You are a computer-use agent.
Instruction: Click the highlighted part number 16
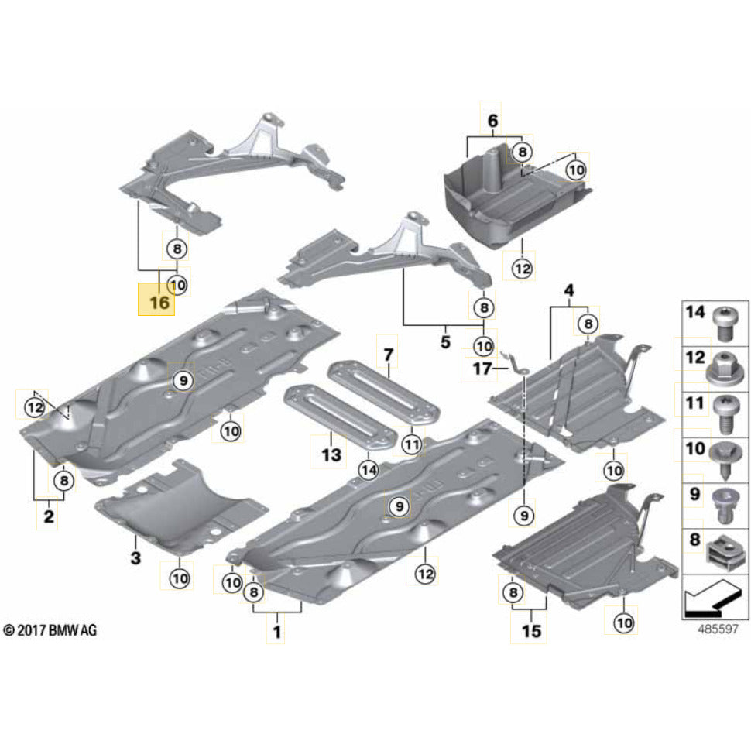(159, 301)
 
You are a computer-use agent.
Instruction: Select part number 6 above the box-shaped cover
(493, 121)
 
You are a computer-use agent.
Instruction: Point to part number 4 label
(569, 291)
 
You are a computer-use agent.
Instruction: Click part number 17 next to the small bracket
(482, 369)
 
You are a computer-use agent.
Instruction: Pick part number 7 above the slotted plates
(388, 356)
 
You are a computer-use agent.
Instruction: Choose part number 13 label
(331, 455)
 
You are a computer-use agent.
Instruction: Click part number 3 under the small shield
(135, 557)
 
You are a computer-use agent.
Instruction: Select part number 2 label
(49, 516)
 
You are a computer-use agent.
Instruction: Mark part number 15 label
(531, 632)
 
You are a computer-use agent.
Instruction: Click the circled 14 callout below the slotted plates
(368, 468)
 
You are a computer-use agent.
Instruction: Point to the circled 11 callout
(411, 444)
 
